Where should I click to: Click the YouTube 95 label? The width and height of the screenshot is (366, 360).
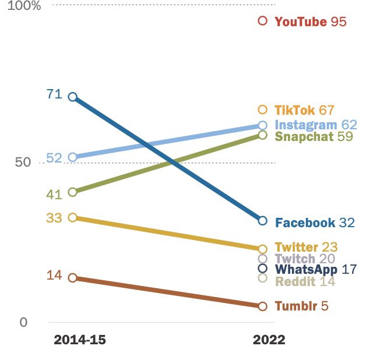point(310,22)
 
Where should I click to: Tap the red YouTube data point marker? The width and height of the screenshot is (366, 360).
point(262,21)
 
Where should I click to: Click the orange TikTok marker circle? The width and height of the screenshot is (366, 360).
point(262,110)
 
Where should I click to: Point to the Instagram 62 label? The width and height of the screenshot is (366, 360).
point(315,125)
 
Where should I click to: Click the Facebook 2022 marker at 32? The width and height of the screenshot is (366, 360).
point(262,221)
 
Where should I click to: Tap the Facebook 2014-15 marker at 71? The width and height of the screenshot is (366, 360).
point(73,97)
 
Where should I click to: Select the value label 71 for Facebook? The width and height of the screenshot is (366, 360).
point(54,94)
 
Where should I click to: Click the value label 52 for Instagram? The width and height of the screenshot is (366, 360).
point(54,158)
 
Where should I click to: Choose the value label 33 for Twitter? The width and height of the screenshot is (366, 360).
point(54,218)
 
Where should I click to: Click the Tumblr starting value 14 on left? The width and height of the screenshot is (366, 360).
point(54,275)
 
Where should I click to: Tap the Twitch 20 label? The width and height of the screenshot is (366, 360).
point(304,259)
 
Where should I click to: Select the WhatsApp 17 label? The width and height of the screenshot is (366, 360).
point(315,270)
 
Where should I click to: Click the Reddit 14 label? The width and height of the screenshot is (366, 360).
point(305,281)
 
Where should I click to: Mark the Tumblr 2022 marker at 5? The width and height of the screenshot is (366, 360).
point(262,306)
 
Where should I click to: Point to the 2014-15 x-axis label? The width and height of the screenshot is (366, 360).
point(80,340)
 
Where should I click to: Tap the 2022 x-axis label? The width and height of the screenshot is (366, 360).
point(269,340)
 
